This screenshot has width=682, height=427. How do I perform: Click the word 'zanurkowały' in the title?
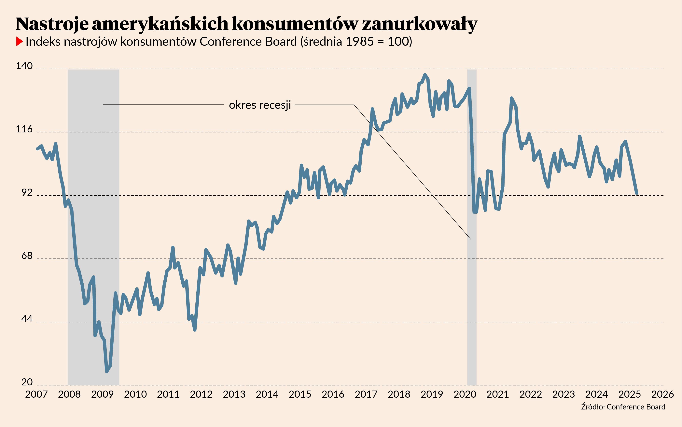(x=419, y=24)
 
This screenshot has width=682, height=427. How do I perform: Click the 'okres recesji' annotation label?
(x=260, y=105)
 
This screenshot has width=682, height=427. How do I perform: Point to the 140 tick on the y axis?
(x=24, y=66)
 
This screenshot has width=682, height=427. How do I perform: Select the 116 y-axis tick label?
(x=24, y=129)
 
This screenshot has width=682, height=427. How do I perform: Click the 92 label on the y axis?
(x=27, y=193)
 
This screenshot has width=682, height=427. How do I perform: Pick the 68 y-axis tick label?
(x=27, y=256)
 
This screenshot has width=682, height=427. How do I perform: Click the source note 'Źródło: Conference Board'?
(x=623, y=407)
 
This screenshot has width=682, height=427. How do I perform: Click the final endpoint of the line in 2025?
(x=637, y=194)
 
